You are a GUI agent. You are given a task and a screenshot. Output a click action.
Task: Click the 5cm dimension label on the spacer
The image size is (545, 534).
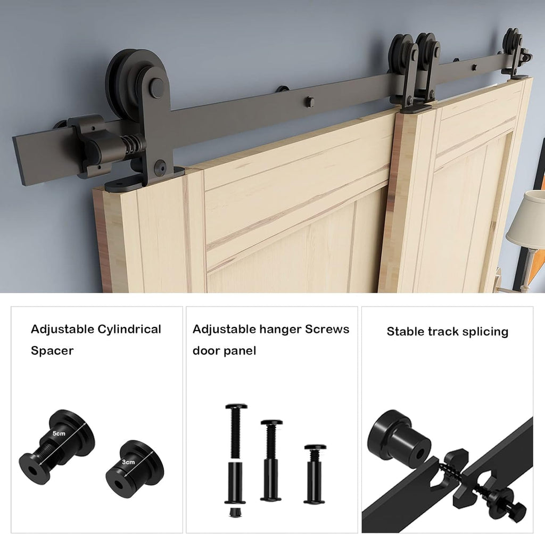59,433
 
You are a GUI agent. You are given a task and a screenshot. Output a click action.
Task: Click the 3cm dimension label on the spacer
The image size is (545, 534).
128,462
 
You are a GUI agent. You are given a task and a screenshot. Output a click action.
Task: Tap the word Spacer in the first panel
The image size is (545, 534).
52,351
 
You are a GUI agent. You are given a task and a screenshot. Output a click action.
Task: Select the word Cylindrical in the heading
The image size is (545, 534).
129,329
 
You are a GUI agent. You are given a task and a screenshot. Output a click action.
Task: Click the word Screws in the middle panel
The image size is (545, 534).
327,329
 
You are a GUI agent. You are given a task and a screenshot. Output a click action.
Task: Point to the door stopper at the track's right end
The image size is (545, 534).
526,55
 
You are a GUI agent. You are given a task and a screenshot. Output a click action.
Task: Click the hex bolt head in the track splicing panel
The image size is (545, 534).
515,511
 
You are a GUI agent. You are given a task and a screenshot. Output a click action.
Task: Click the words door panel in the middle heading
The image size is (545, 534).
224,351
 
